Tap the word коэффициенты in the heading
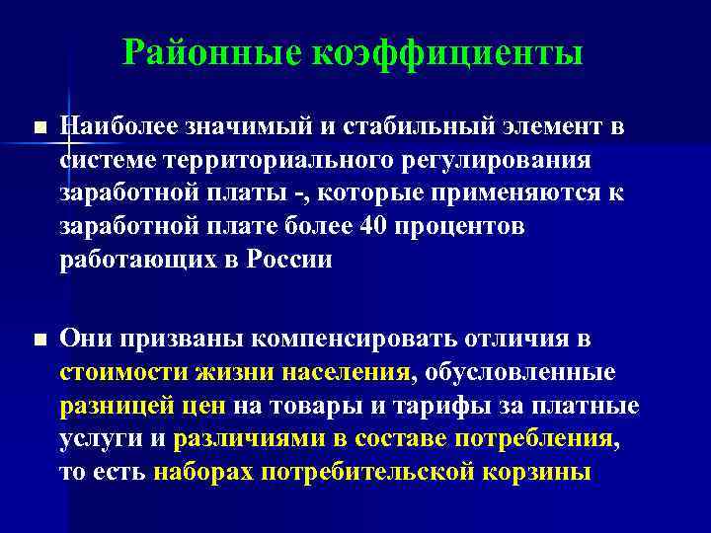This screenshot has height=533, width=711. [447, 53]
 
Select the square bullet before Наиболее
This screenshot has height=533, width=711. [39, 129]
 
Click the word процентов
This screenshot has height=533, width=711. [458, 228]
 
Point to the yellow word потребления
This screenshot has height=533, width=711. [537, 438]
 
